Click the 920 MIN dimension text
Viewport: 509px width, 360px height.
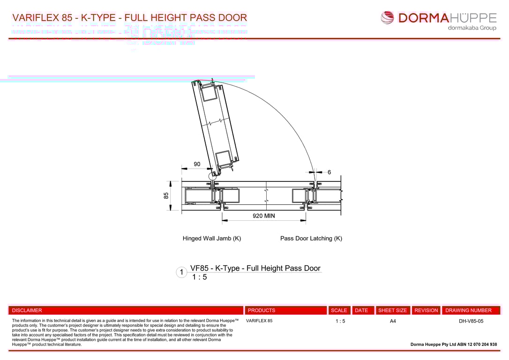[263, 216]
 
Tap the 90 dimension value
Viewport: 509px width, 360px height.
[197, 164]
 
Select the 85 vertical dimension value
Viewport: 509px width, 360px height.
[166, 195]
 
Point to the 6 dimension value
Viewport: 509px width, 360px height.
[329, 172]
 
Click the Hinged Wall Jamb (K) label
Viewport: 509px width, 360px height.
[212, 238]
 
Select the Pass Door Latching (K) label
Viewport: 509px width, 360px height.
[311, 238]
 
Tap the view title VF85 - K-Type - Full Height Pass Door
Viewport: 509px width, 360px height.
[255, 268]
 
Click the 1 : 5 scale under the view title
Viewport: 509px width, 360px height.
[199, 277]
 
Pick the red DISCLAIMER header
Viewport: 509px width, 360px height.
[27, 310]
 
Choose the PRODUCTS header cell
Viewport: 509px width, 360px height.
[262, 310]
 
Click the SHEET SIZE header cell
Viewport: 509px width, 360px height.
[393, 310]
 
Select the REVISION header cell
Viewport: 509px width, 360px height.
[426, 310]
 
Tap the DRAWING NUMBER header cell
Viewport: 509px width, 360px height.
[469, 310]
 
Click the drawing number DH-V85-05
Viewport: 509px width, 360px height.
[471, 321]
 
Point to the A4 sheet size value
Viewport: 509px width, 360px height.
[393, 321]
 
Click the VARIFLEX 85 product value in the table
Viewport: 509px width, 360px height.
[259, 321]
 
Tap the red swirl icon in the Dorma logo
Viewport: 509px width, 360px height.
[388, 18]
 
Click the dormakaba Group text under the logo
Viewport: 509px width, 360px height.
[472, 28]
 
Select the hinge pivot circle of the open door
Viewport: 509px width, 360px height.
[212, 176]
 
